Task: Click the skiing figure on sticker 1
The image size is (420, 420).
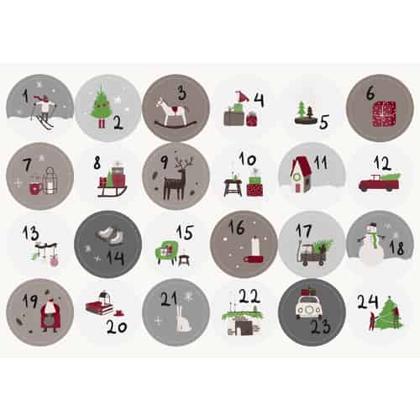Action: coord(45,112)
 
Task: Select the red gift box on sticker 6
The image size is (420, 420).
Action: coord(384,113)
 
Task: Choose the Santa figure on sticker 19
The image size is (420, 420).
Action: coord(50,318)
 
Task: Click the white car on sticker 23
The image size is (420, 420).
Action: coord(308,308)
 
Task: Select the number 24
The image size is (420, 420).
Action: coord(368,302)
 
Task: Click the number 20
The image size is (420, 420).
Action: coord(117,327)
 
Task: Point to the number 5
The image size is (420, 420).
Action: coord(324,122)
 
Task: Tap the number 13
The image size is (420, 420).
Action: coord(30,233)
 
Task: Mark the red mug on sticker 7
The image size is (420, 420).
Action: coord(35,188)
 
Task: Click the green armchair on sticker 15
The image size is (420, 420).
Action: coord(167,252)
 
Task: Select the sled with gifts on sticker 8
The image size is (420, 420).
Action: coord(112,181)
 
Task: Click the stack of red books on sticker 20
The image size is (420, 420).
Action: coord(98,307)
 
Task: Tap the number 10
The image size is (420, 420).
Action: coord(248,160)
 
